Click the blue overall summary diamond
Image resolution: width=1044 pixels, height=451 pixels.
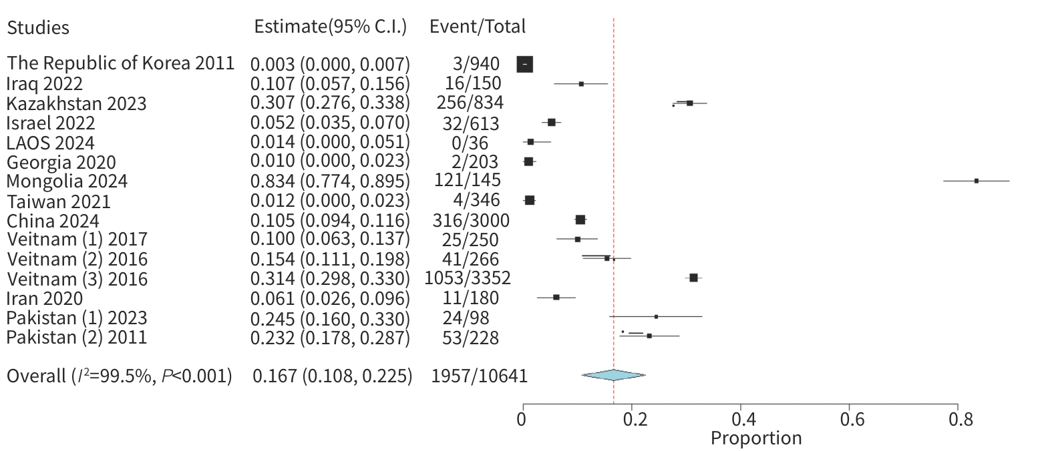coord(613,375)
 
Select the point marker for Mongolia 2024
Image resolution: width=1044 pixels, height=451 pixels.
coord(977,181)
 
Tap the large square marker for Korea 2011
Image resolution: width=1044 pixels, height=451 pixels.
coord(525,64)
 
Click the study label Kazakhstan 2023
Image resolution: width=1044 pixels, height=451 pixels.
coord(77,104)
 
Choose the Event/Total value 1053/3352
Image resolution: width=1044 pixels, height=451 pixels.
coord(468,278)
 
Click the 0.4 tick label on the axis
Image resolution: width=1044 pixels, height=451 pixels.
coord(739,420)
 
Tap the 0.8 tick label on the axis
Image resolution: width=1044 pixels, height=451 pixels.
coord(956,420)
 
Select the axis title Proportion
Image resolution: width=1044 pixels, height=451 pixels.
coord(755,438)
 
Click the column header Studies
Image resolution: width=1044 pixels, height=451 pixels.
coord(38,27)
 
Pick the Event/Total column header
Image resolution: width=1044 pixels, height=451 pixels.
coord(477,26)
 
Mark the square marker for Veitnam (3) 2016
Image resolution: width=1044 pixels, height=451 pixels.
coord(693,278)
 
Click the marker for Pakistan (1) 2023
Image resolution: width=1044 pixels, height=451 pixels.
coord(656,316)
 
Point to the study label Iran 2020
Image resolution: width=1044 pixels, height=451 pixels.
coord(45,298)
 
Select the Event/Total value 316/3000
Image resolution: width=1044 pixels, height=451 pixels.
coord(471,220)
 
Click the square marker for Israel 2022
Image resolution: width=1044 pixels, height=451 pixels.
coord(551,122)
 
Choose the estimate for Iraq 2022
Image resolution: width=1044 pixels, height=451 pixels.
coord(330,84)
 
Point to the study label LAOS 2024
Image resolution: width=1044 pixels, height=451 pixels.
coord(51,143)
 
